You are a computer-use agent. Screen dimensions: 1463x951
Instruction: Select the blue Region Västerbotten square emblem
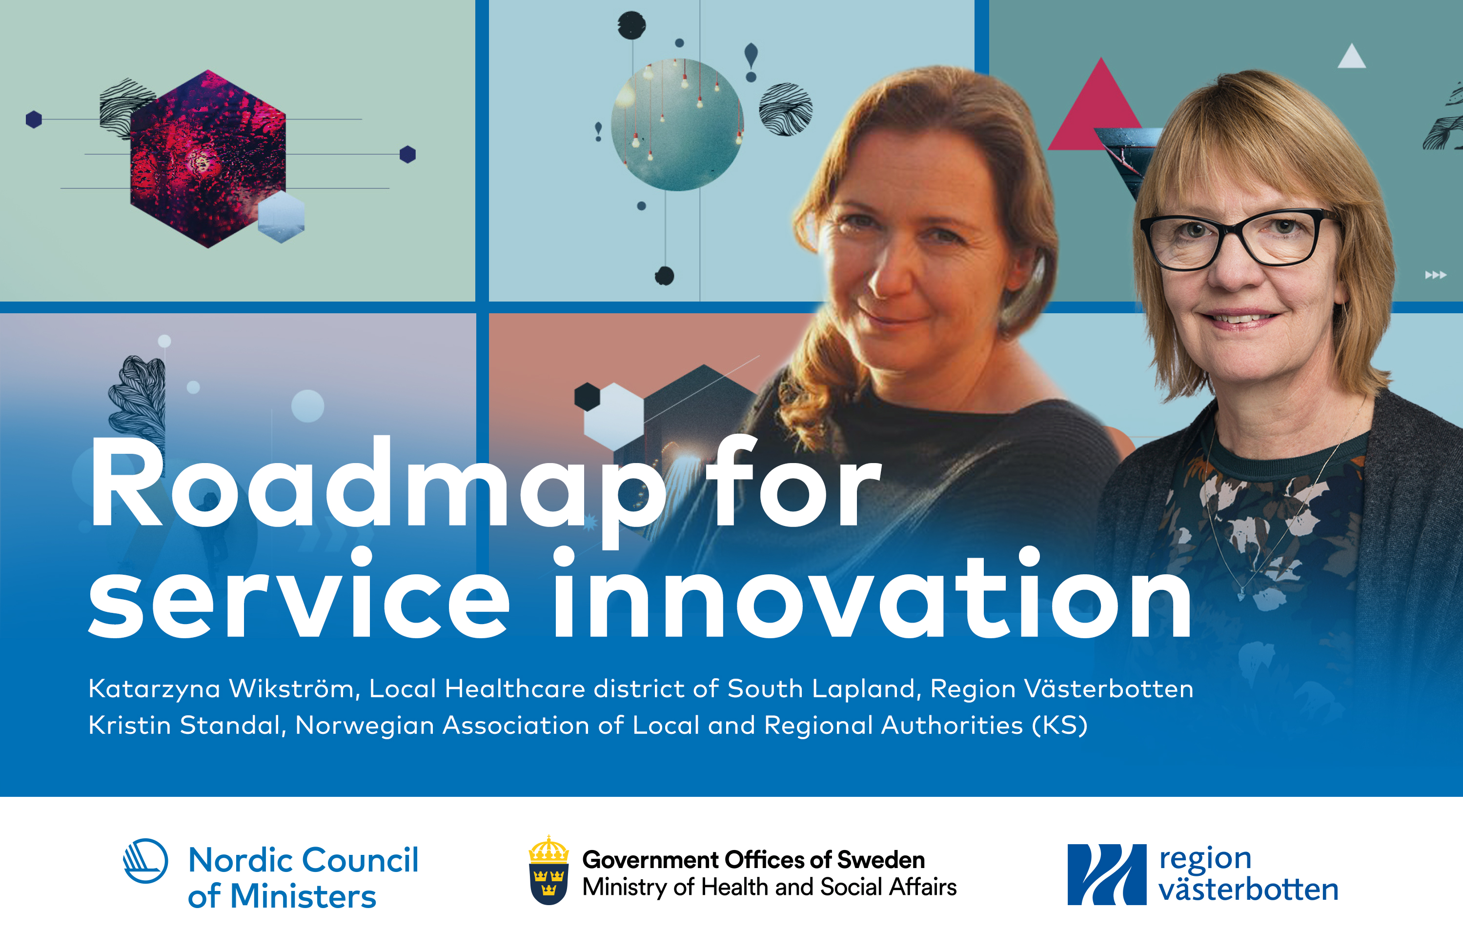coord(1106,874)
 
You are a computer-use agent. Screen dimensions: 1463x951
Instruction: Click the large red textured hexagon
coord(208,159)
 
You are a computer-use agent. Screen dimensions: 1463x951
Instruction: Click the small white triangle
coord(1352,57)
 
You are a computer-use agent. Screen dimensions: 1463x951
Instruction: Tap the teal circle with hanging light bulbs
coord(677,125)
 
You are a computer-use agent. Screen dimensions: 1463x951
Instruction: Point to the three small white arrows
coord(1436,275)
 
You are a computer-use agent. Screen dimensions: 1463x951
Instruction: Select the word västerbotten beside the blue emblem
coord(1248,890)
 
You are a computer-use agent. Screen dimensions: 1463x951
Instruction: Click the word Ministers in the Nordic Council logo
coord(303,896)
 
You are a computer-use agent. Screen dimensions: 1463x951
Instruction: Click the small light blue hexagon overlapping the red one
coord(281,216)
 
